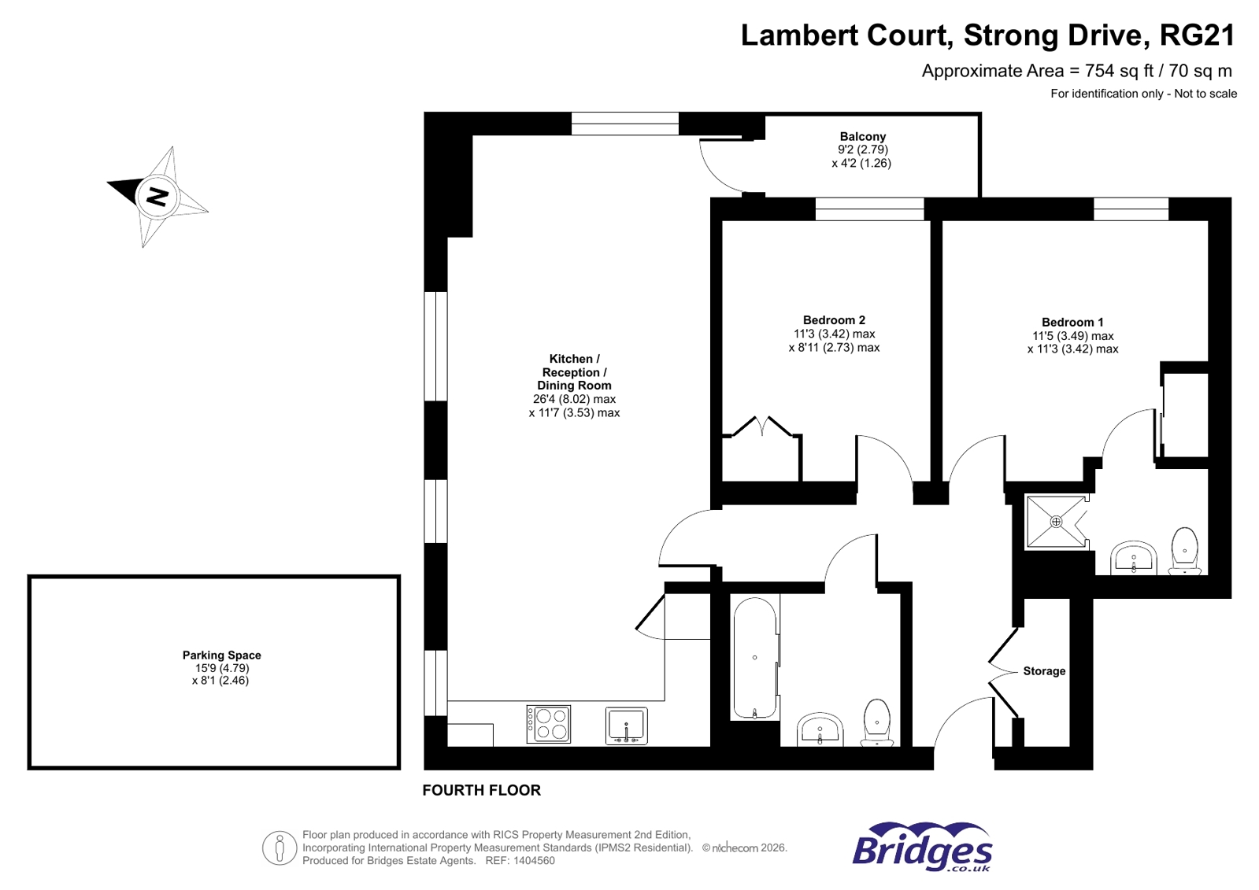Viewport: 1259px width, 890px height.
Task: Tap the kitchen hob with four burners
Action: pyautogui.click(x=549, y=724)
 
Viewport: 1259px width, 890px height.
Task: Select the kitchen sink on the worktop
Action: pyautogui.click(x=626, y=725)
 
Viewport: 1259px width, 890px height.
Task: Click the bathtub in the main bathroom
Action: pyautogui.click(x=755, y=658)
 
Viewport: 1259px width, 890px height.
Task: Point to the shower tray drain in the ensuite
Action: pyautogui.click(x=1056, y=522)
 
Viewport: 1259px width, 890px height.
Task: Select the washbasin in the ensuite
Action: pyautogui.click(x=1133, y=559)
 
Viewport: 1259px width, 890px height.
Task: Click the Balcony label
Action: pyautogui.click(x=862, y=136)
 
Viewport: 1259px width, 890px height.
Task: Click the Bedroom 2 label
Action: pyautogui.click(x=834, y=319)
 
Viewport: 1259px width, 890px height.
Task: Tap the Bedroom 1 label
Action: pyautogui.click(x=1072, y=322)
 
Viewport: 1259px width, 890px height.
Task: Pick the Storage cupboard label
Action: pyautogui.click(x=1044, y=671)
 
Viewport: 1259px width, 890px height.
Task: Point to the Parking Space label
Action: pyautogui.click(x=221, y=655)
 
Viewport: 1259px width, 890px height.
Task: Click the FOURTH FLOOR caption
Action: pyautogui.click(x=481, y=790)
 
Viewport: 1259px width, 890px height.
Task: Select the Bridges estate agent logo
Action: pyautogui.click(x=922, y=848)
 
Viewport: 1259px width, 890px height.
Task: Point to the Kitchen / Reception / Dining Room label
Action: pyautogui.click(x=574, y=372)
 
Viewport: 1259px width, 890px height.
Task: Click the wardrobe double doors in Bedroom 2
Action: pyautogui.click(x=761, y=427)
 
